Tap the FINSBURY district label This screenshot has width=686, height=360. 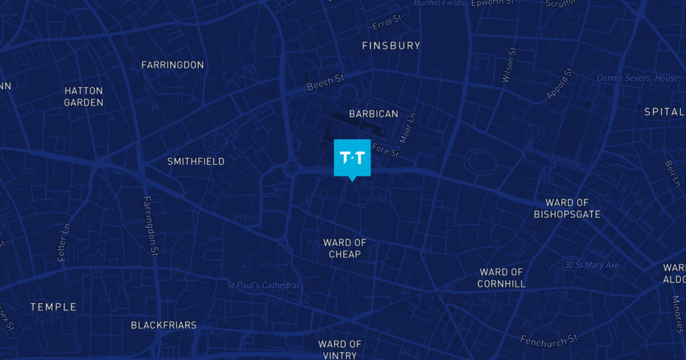click(391, 46)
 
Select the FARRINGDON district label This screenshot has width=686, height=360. click(173, 65)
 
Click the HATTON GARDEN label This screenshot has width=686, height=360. click(83, 97)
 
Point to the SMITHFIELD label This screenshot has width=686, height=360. click(196, 162)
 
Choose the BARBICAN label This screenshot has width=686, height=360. click(374, 114)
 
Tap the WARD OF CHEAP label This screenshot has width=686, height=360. click(345, 249)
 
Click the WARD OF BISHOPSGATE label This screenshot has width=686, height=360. click(567, 209)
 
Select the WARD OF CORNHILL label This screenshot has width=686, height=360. click(501, 278)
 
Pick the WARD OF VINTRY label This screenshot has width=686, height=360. click(340, 349)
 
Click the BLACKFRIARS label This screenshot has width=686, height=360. click(163, 325)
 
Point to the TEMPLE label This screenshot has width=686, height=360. click(53, 307)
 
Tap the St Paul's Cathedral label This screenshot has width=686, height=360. click(263, 285)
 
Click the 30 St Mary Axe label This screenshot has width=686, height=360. click(592, 265)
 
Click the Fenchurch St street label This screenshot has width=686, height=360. click(549, 339)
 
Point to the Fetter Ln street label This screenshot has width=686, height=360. click(64, 243)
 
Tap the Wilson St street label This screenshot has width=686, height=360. click(509, 65)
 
